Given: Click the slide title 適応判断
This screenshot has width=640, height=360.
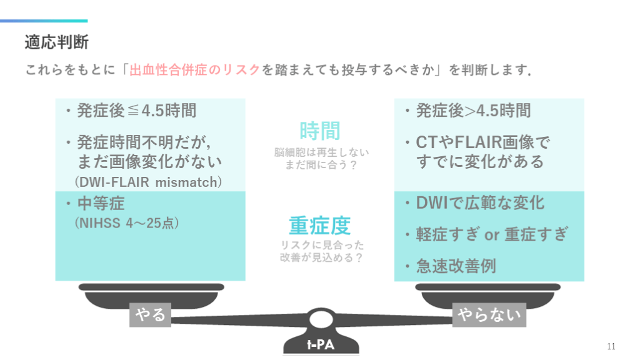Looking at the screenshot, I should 57,42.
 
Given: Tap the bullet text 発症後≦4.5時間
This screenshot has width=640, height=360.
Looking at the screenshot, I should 136,111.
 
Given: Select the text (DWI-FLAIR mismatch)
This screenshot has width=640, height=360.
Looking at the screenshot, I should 148,182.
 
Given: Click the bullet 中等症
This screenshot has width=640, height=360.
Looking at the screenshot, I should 101,204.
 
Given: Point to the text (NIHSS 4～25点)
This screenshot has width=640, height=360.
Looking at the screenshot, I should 127,222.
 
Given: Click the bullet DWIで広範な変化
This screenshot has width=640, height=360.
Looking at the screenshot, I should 480,203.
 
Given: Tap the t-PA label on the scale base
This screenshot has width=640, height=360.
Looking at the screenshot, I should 320,345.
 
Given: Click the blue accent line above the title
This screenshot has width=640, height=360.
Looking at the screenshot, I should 44,21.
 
